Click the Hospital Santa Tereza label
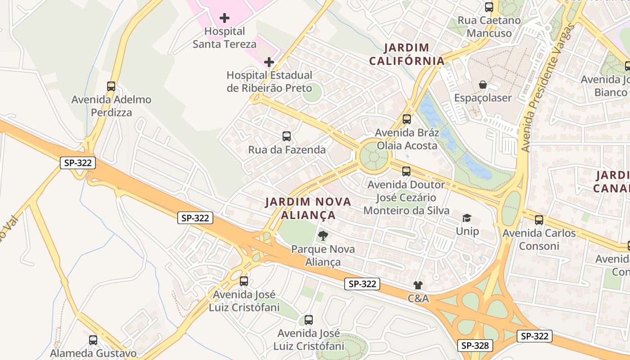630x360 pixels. (x=225, y=38)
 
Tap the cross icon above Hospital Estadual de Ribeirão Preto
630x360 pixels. (x=269, y=62)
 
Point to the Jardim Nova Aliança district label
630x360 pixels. (x=308, y=208)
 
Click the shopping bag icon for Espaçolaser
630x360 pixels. (x=483, y=85)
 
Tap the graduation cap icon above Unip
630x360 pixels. (x=467, y=218)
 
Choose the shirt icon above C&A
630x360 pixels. (x=418, y=285)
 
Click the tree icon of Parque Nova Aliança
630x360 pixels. (x=323, y=235)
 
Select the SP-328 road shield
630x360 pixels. (x=476, y=346)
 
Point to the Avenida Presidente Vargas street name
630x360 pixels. (x=547, y=88)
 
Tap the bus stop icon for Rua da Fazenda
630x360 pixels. (x=287, y=136)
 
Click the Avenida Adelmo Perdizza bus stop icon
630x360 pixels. (x=111, y=86)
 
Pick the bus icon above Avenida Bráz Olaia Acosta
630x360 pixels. (x=407, y=119)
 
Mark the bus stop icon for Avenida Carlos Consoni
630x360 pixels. (x=539, y=220)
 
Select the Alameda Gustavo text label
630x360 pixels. (x=93, y=353)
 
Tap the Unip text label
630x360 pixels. (x=467, y=231)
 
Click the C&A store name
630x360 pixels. (x=418, y=298)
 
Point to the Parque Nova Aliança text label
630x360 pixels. (x=323, y=256)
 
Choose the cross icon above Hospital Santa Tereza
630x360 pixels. (x=225, y=18)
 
